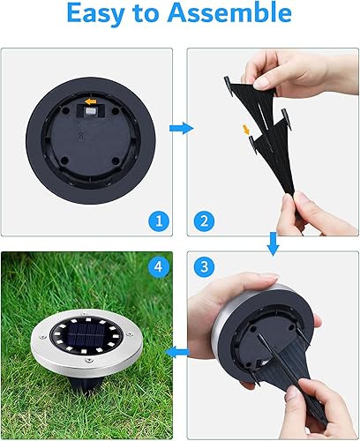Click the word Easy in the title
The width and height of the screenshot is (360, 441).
coord(99,15)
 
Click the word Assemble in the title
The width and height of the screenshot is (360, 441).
coord(236,15)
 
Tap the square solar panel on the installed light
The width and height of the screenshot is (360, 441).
coord(86,340)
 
